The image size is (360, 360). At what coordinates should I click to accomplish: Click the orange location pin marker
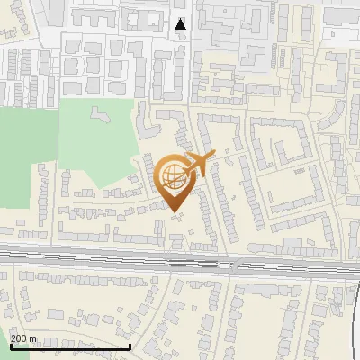[174, 179]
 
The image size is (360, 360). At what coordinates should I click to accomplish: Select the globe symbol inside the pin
[171, 175]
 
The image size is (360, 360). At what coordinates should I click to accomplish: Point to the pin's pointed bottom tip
[174, 211]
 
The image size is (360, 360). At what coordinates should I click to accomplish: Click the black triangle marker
[181, 24]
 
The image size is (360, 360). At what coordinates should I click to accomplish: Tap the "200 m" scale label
[23, 338]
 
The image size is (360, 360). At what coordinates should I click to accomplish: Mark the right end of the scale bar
[130, 346]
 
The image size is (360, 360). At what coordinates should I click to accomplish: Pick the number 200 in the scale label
[19, 338]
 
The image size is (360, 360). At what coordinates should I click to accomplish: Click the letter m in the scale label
[33, 338]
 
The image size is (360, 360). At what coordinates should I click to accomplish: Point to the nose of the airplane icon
[213, 158]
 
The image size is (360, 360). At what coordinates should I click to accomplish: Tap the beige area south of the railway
[180, 315]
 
